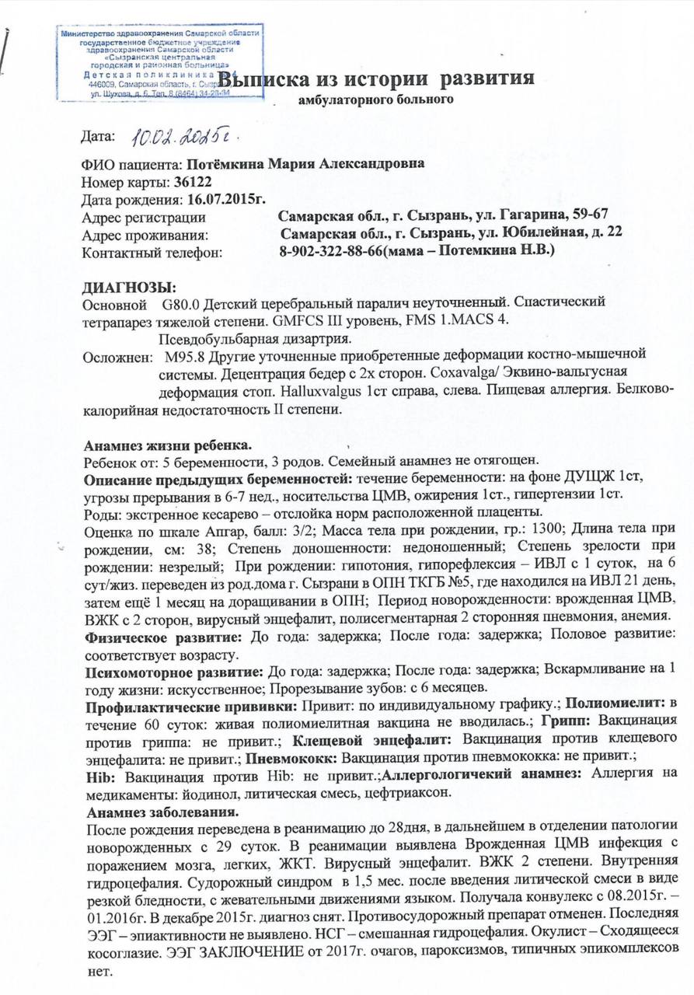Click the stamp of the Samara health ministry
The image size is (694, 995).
pos(148,62)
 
